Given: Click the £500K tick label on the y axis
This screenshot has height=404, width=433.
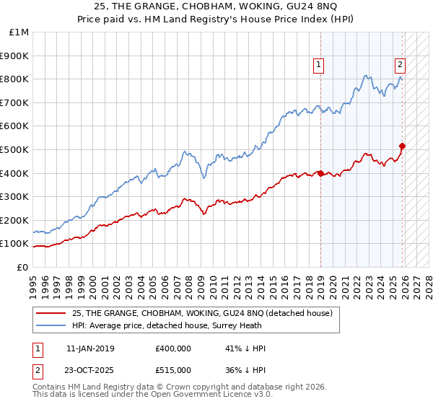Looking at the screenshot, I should [x=15, y=149].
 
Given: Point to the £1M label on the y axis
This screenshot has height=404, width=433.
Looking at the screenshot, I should [x=19, y=32].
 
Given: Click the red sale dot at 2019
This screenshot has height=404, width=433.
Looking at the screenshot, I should [x=320, y=173].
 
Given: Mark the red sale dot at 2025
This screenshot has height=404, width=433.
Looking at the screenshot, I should [x=402, y=146].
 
